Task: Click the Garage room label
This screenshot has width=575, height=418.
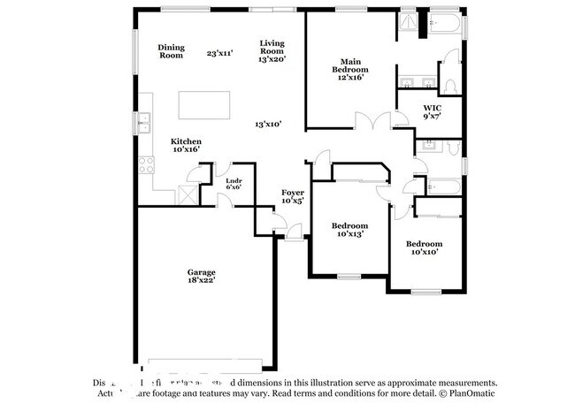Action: pyautogui.click(x=201, y=272)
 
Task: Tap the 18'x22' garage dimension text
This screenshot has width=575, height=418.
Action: pyautogui.click(x=201, y=280)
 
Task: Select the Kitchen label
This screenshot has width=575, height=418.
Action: pyautogui.click(x=186, y=141)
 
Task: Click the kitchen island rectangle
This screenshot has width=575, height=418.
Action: pyautogui.click(x=204, y=104)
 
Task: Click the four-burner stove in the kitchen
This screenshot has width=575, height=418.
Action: pyautogui.click(x=146, y=165)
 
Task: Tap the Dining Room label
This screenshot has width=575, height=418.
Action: pyautogui.click(x=171, y=51)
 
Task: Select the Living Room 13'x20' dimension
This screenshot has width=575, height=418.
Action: pyautogui.click(x=271, y=59)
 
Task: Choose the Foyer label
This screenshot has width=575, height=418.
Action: pyautogui.click(x=292, y=193)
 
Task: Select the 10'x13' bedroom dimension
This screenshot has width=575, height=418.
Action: pyautogui.click(x=351, y=233)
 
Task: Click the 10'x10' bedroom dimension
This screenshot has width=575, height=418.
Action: pyautogui.click(x=424, y=251)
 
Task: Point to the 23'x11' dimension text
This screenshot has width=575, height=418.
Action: pyautogui.click(x=218, y=53)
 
